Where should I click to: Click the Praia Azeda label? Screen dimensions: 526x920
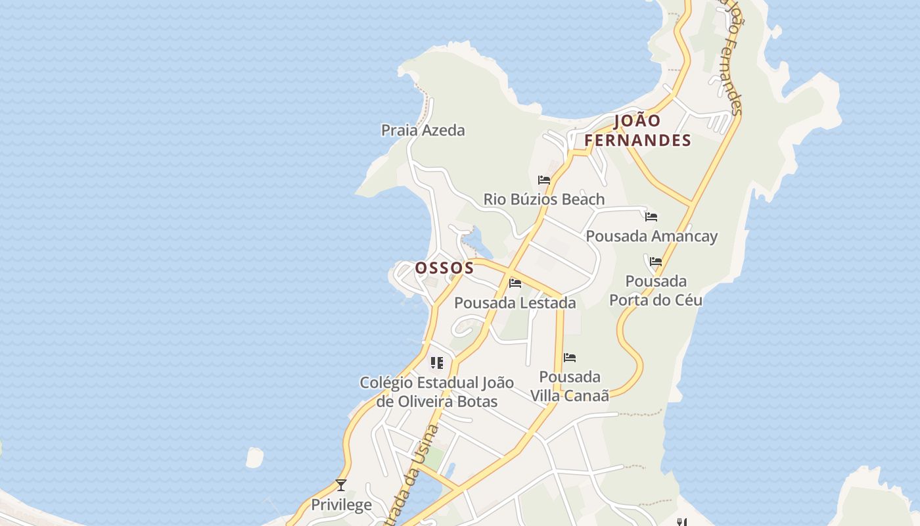pos(423,130)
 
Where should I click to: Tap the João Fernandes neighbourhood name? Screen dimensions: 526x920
pos(637,130)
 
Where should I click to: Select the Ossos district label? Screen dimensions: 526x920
pos(444,268)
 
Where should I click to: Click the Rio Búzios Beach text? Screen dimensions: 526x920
pos(544,199)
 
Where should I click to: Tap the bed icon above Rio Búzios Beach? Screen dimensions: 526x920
pos(544,179)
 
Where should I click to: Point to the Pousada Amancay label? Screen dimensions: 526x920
pos(651,236)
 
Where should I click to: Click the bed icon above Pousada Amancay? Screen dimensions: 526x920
pos(651,216)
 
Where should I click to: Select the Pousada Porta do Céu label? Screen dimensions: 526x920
pos(656,291)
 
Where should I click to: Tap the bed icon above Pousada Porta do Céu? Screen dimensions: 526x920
pos(656,261)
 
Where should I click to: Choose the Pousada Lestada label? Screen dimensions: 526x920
pos(515,303)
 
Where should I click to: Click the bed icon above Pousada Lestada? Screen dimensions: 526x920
pos(515,283)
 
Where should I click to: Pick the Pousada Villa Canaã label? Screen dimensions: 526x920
pos(570,386)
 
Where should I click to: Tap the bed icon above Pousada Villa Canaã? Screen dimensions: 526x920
pos(570,358)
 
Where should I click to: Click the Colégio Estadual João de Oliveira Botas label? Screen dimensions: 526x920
pos(437,392)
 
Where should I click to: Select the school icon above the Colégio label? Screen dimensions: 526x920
pos(437,363)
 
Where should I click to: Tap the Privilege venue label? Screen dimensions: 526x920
pos(341,505)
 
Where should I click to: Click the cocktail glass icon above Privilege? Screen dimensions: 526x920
pos(341,485)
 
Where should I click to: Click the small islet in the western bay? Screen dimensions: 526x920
pos(254,458)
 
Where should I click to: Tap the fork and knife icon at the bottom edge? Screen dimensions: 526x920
pos(682,522)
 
